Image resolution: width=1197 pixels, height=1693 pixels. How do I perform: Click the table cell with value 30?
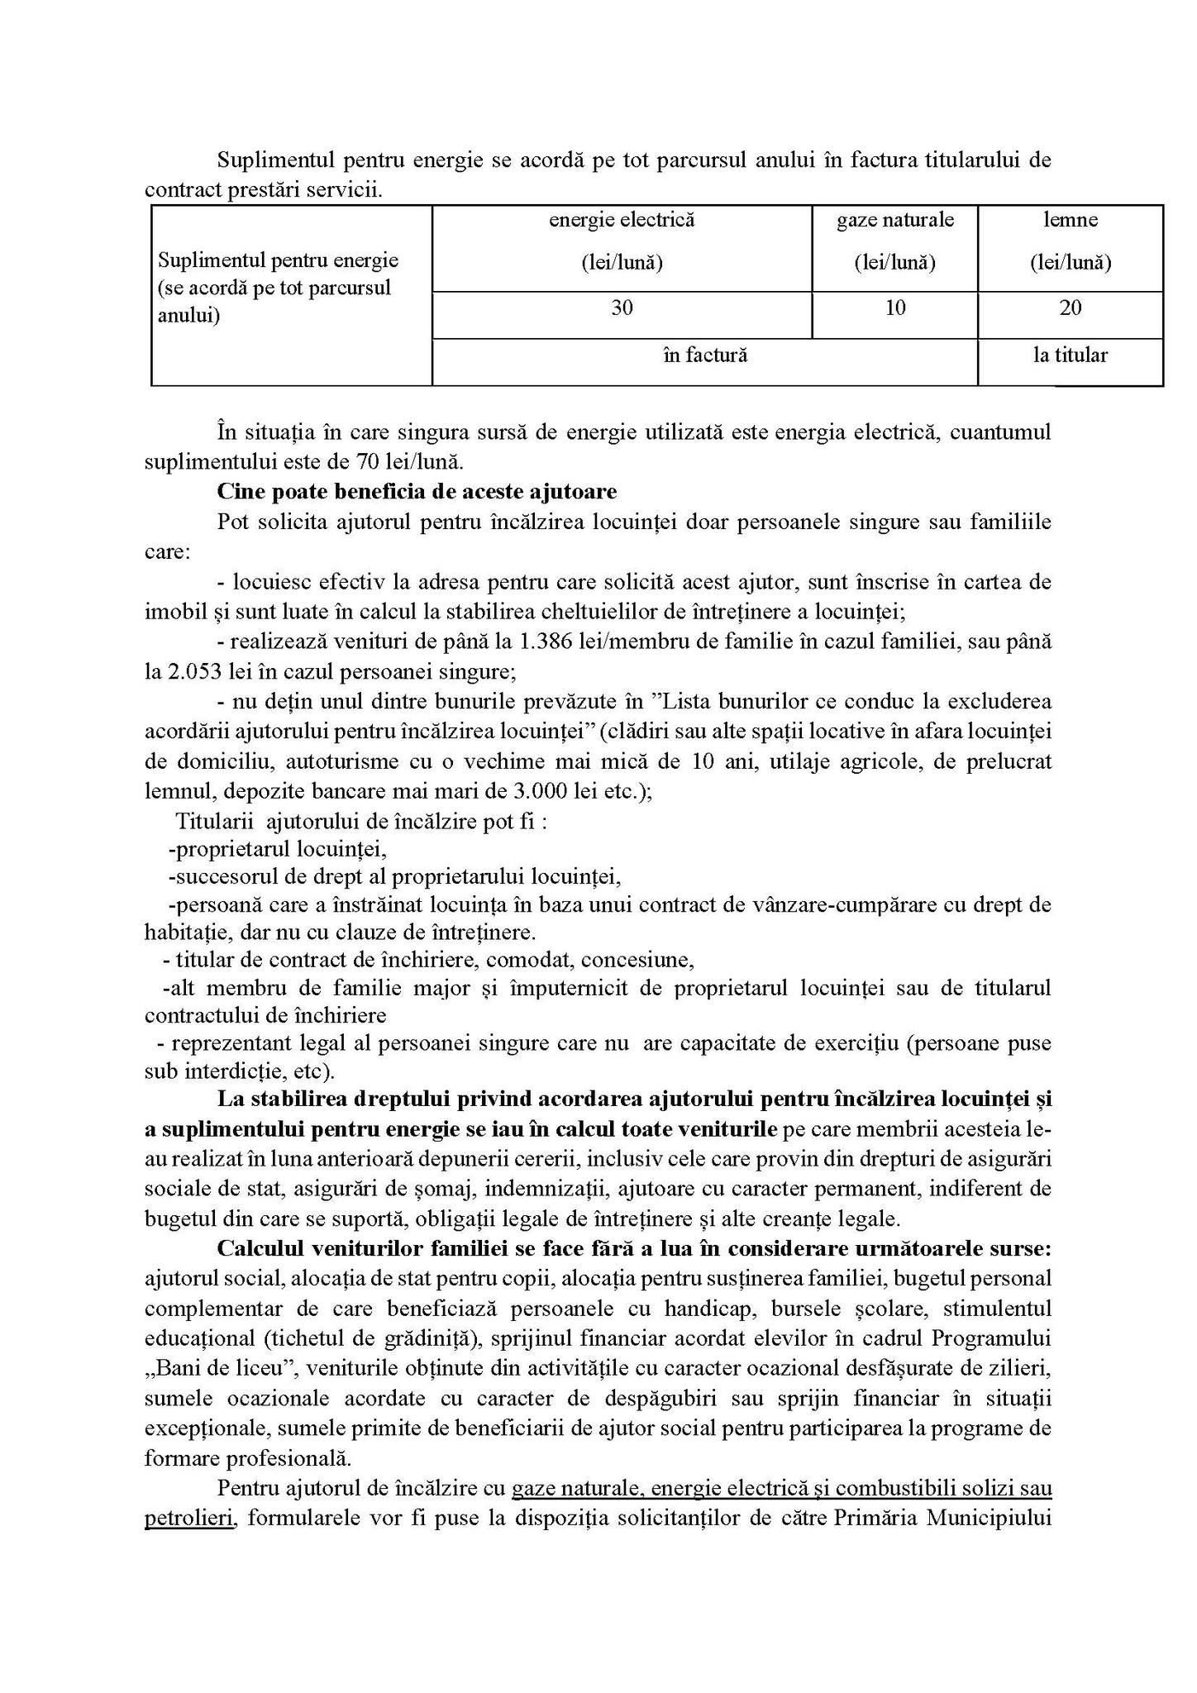(622, 308)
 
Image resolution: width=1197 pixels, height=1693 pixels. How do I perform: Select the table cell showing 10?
(894, 308)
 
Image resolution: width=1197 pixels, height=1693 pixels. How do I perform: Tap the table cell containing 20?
(1070, 308)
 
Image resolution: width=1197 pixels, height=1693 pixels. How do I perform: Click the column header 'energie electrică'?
(622, 221)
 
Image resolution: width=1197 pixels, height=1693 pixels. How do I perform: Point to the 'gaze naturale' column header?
(894, 221)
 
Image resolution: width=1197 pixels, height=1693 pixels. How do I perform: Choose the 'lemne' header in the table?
(1070, 221)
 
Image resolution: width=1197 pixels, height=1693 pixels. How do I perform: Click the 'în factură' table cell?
(704, 355)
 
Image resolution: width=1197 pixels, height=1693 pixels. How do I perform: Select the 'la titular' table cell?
(1070, 355)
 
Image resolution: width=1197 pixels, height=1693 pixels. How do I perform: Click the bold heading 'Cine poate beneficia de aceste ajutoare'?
(417, 492)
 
